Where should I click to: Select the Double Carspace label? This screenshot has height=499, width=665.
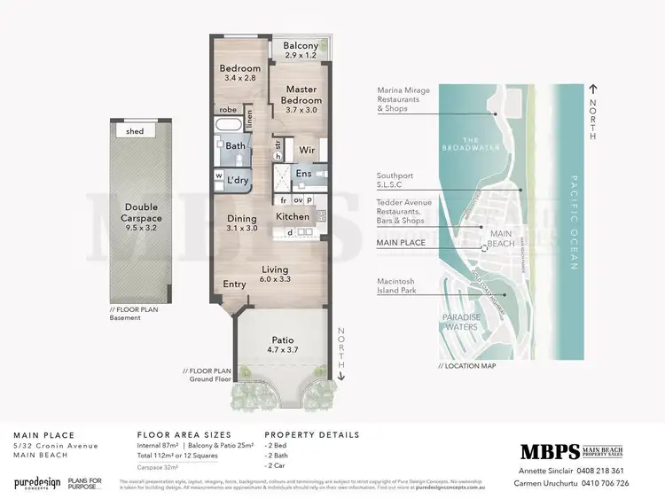coord(141,213)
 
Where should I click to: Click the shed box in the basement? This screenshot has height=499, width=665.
coord(135,131)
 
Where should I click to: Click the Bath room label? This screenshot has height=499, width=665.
coord(235,146)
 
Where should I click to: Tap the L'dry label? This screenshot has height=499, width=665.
coord(237,179)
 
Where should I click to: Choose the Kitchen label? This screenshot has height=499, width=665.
coord(293,216)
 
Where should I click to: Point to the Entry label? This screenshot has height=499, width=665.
coord(234,285)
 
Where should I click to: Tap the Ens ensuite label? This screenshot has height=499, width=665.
coord(304,174)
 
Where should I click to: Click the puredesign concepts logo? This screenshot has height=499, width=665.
coord(36,482)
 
